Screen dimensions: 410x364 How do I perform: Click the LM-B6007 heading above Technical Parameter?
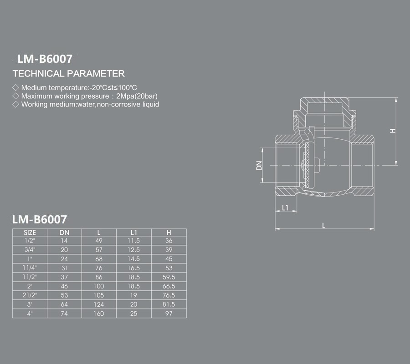(x=45, y=59)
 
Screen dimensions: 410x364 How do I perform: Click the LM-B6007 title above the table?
(x=40, y=219)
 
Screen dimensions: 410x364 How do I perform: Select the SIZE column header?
(x=30, y=233)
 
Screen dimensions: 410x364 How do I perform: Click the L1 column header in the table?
(x=133, y=233)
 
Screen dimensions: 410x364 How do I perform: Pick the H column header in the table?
(x=169, y=233)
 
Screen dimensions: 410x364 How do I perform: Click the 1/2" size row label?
(x=30, y=241)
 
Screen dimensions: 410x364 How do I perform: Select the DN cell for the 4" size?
(x=64, y=313)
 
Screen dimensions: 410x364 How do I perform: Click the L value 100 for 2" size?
(x=99, y=286)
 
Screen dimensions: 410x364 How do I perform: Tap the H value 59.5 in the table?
(x=169, y=277)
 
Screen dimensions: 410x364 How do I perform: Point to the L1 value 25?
(x=133, y=313)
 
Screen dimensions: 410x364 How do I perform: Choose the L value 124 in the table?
(x=99, y=304)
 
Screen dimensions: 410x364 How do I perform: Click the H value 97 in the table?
(x=169, y=313)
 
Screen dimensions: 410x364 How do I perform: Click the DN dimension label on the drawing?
(x=259, y=166)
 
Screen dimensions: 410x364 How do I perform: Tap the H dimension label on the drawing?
(x=393, y=131)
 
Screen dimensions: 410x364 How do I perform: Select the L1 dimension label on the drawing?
(x=285, y=207)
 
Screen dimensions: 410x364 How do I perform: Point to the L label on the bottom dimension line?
(x=324, y=225)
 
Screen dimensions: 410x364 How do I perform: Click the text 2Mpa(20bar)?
(x=137, y=96)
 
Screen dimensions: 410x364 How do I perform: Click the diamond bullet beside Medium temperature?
(x=15, y=87)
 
